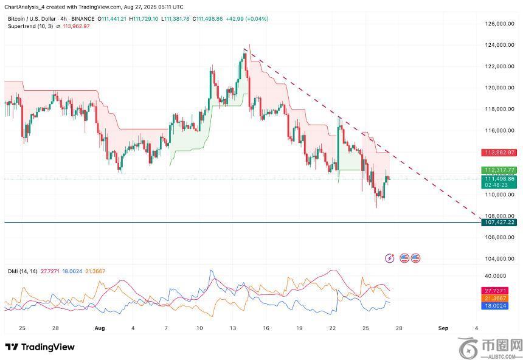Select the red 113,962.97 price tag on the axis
coord(499,152)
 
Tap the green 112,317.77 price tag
coord(499,170)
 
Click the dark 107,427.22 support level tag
coord(499,223)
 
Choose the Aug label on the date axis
coord(100,328)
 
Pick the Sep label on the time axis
coord(443,328)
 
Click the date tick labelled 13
coord(232,328)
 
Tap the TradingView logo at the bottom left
coord(40,347)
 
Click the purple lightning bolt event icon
coord(390,258)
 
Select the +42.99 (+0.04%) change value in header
coord(247,19)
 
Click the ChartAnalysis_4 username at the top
coord(25,7)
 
